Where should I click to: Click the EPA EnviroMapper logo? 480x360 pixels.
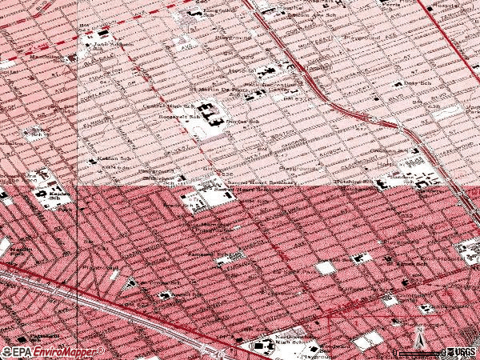point(54,351)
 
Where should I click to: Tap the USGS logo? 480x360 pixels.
point(462,351)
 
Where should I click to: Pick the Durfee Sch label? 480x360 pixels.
point(248,122)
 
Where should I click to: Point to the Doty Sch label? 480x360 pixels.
point(415,84)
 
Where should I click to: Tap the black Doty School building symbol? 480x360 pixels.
point(398,85)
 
